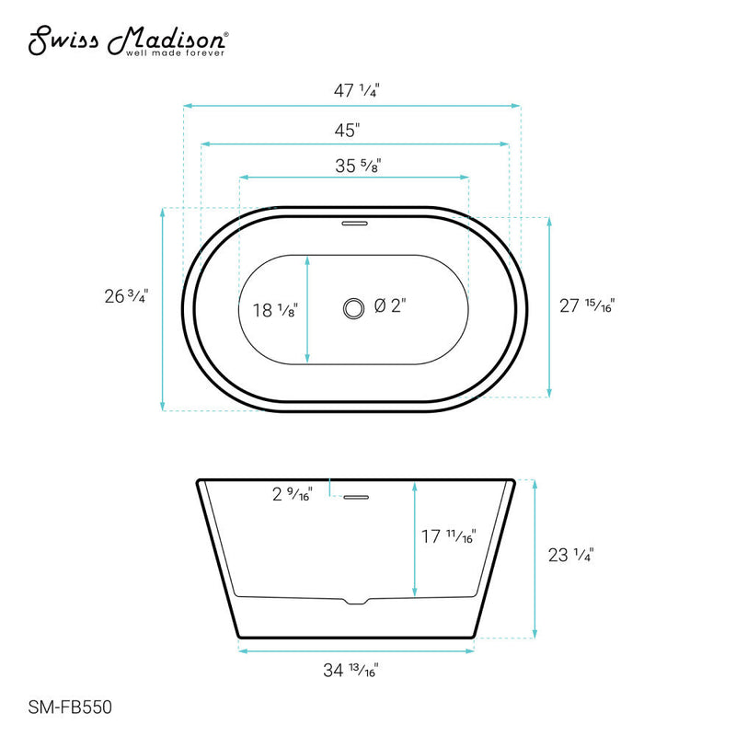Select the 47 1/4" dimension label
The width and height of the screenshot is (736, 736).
[x=352, y=91]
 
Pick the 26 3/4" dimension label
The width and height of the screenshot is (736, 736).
[x=126, y=295]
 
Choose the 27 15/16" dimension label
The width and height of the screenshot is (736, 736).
[x=587, y=306]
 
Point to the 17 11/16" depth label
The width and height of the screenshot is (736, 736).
[x=449, y=536]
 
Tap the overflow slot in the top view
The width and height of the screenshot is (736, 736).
[x=354, y=222]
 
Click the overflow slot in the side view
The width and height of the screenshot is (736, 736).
[x=355, y=498]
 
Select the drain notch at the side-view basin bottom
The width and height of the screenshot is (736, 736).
[x=356, y=602]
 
